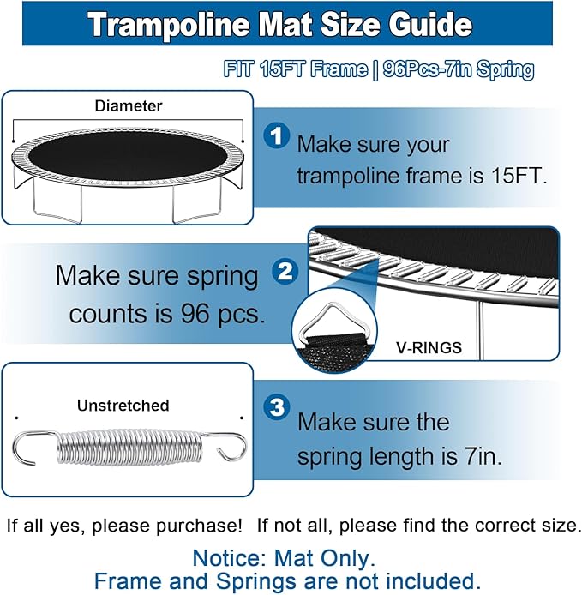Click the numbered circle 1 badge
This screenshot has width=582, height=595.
click(x=276, y=135)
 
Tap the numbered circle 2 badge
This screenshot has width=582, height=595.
click(x=285, y=273)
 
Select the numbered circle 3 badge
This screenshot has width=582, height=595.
click(x=277, y=408)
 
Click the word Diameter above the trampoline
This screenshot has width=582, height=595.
click(x=129, y=106)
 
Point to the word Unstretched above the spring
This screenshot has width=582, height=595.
click(x=123, y=406)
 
